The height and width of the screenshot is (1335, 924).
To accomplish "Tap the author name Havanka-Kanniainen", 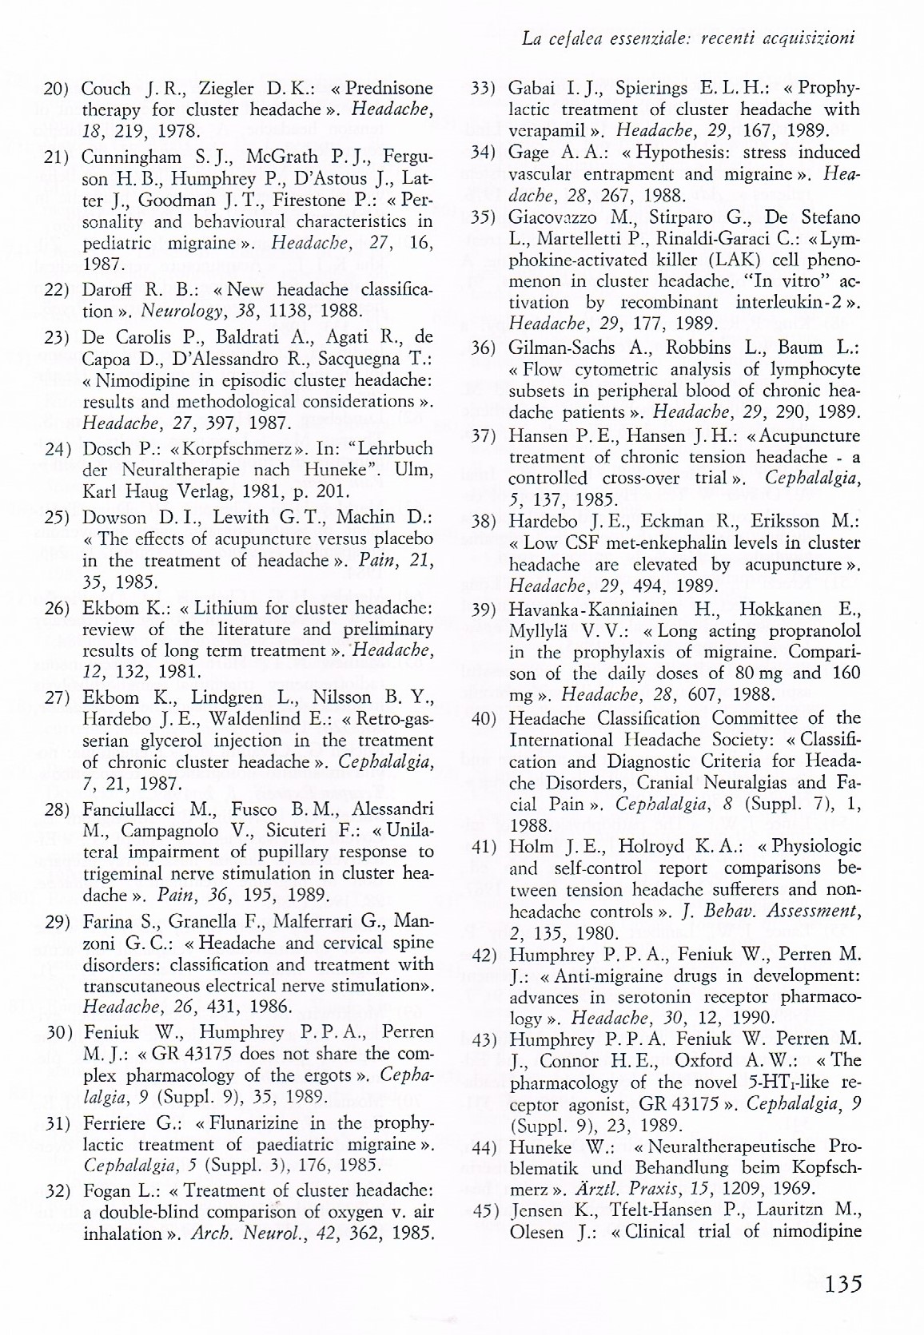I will tap(590, 610).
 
